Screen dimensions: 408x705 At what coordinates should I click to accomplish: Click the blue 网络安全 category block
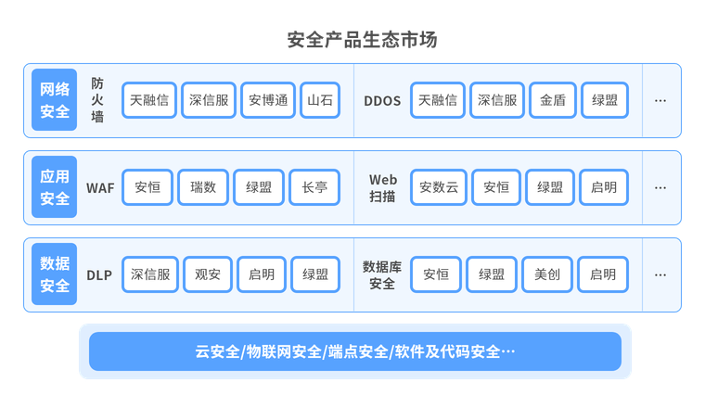click(x=55, y=100)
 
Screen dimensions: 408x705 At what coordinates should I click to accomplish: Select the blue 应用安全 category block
click(x=55, y=187)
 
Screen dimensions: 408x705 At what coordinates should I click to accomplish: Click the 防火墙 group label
click(x=97, y=100)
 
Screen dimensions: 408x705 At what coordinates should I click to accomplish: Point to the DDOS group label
click(x=382, y=100)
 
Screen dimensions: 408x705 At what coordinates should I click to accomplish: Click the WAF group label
click(x=100, y=187)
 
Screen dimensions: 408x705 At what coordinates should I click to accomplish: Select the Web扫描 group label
click(x=382, y=187)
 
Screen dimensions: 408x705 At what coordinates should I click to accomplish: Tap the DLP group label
click(x=99, y=274)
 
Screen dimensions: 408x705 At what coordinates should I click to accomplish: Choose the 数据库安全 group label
click(x=382, y=274)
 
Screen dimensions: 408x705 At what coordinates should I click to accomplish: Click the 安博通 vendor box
click(x=267, y=100)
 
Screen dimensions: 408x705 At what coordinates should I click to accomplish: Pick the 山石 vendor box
click(x=320, y=100)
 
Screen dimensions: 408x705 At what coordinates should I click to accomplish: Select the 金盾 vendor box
click(x=553, y=100)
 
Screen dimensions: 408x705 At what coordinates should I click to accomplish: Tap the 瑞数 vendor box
click(x=203, y=187)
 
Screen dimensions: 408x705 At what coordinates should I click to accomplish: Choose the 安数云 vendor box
click(x=439, y=187)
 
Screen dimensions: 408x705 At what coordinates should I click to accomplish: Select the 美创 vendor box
click(x=546, y=274)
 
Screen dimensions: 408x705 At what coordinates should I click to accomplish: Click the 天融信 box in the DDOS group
click(x=438, y=100)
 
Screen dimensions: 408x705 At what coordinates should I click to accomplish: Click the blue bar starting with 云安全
click(x=354, y=351)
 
